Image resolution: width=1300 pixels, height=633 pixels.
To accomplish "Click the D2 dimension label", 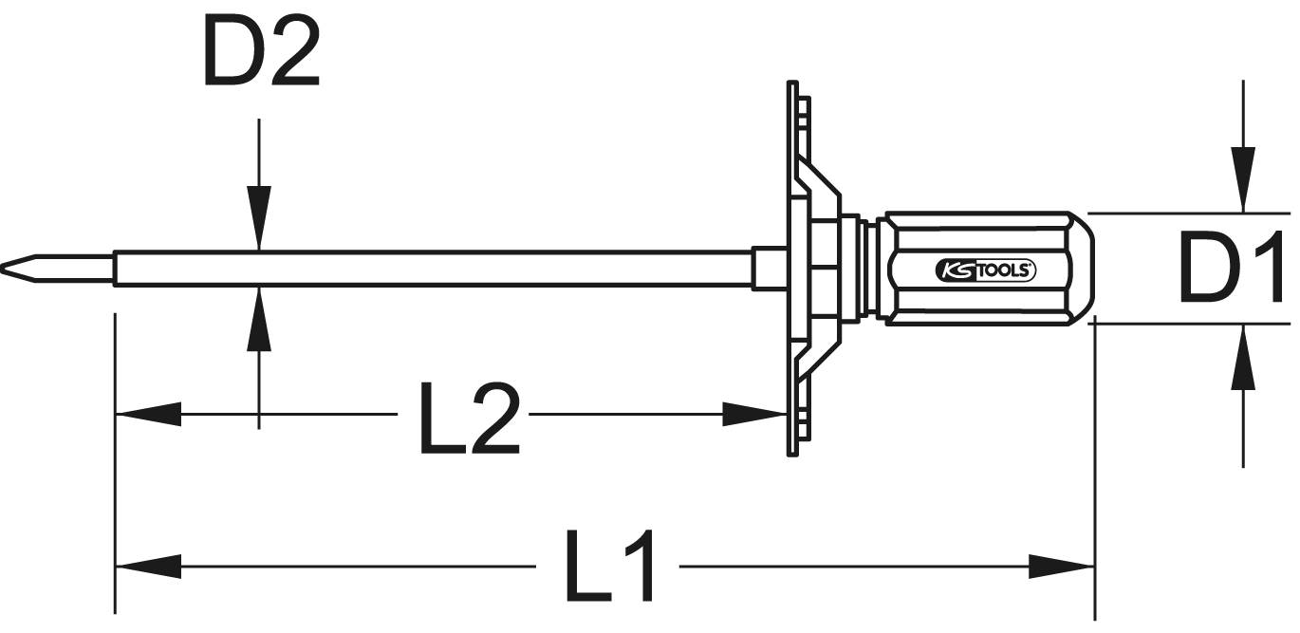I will point(261,53).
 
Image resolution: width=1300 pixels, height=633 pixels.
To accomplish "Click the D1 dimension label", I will point(1231,269).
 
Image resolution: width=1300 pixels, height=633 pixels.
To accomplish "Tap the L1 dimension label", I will point(610,568).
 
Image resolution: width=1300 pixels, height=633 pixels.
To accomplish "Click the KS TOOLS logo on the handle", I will point(987,270).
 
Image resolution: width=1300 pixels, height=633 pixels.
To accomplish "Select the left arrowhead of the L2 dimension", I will point(147,415).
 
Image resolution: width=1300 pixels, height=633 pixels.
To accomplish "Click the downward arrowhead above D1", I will point(1242,180).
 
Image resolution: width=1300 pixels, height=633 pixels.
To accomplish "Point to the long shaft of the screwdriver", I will point(427,268).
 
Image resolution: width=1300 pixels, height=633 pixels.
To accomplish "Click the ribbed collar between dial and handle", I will point(867,269).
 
